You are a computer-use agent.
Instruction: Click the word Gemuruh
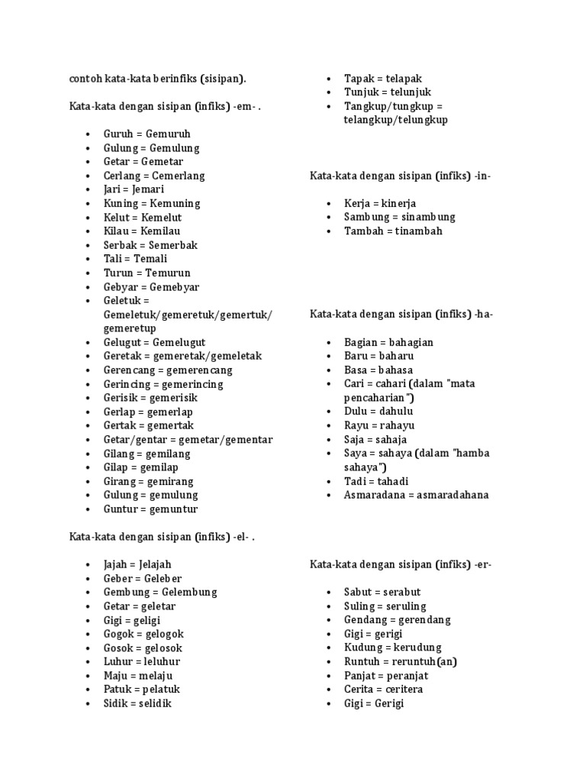tap(168, 134)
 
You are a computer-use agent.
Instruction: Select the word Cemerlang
tap(178, 176)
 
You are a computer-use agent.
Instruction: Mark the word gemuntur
tap(172, 509)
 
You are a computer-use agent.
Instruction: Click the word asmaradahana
tap(453, 495)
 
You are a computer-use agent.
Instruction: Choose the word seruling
tap(405, 606)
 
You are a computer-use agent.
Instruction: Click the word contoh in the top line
tap(85, 78)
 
